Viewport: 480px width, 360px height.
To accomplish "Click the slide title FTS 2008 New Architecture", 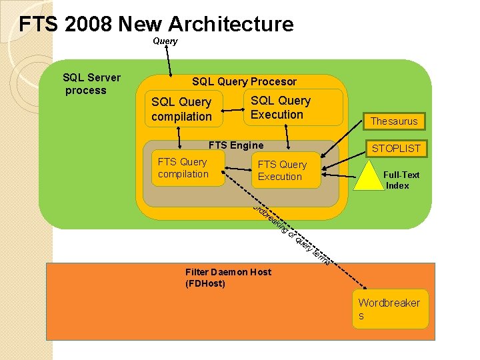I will [156, 25].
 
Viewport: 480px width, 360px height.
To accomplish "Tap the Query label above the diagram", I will [165, 41].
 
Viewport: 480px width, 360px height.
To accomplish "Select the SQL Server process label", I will [91, 84].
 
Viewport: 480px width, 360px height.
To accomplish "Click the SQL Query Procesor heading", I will [244, 81].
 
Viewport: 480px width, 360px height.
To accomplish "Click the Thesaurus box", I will [394, 121].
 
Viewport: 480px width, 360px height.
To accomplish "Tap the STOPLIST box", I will [396, 148].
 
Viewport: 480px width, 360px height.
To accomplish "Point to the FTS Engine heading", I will [236, 145].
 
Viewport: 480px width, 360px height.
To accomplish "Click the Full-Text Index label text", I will [401, 180].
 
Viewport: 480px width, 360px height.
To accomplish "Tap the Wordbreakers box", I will [390, 309].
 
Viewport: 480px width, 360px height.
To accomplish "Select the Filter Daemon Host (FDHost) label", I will [228, 278].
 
